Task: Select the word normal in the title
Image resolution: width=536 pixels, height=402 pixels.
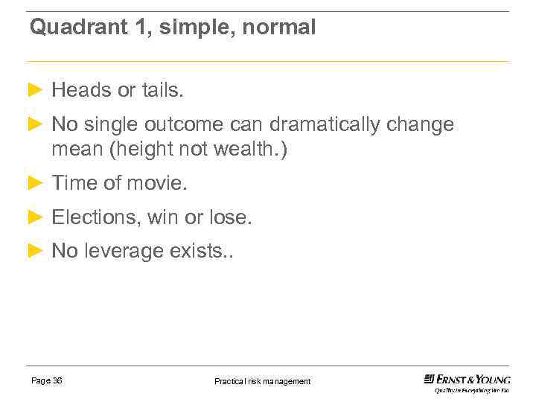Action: (282, 28)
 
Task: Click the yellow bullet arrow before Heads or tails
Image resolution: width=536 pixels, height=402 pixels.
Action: (35, 91)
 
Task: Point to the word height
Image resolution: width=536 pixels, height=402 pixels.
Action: (139, 150)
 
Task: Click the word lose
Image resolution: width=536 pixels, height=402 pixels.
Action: (230, 217)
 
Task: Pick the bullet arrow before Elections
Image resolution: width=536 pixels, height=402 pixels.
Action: (35, 217)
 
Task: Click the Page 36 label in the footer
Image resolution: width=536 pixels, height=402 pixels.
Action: (47, 380)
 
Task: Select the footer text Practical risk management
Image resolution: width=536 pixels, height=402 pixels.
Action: (263, 381)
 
